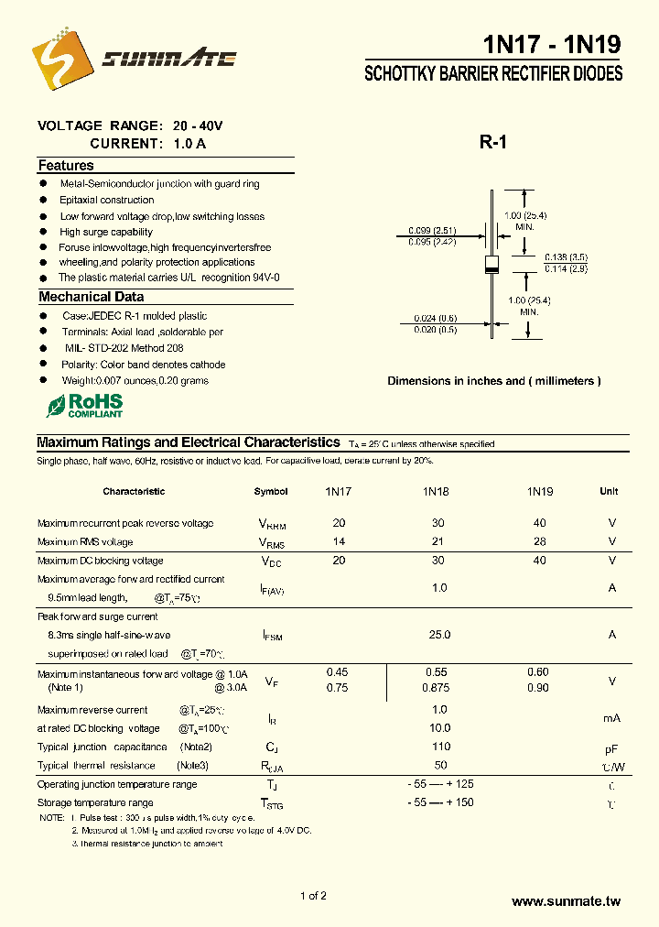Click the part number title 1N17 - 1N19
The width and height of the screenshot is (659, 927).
pos(552,44)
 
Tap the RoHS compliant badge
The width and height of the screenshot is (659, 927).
pos(84,405)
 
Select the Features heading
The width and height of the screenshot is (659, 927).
pos(66,166)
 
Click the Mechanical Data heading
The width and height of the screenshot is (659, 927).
pos(91,297)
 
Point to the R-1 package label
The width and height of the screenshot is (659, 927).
pos(492,142)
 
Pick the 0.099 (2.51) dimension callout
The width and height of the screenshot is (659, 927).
pos(432,230)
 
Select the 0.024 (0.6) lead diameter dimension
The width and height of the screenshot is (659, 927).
pos(435,318)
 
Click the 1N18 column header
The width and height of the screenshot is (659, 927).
pos(436,492)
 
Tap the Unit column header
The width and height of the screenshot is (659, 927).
pos(609,492)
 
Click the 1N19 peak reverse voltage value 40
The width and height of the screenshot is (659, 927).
pos(539,523)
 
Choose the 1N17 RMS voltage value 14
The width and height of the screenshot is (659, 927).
pos(339,542)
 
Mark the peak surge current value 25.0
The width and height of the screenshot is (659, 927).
pos(439,635)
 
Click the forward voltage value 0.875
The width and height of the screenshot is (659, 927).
pos(439,688)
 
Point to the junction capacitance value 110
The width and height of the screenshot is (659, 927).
pos(439,747)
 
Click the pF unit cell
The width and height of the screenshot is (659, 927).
pos(611,748)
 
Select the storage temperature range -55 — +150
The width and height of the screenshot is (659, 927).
pos(439,802)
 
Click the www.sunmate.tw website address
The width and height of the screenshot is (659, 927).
pos(566,902)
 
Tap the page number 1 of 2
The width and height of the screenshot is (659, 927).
pos(313,896)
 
